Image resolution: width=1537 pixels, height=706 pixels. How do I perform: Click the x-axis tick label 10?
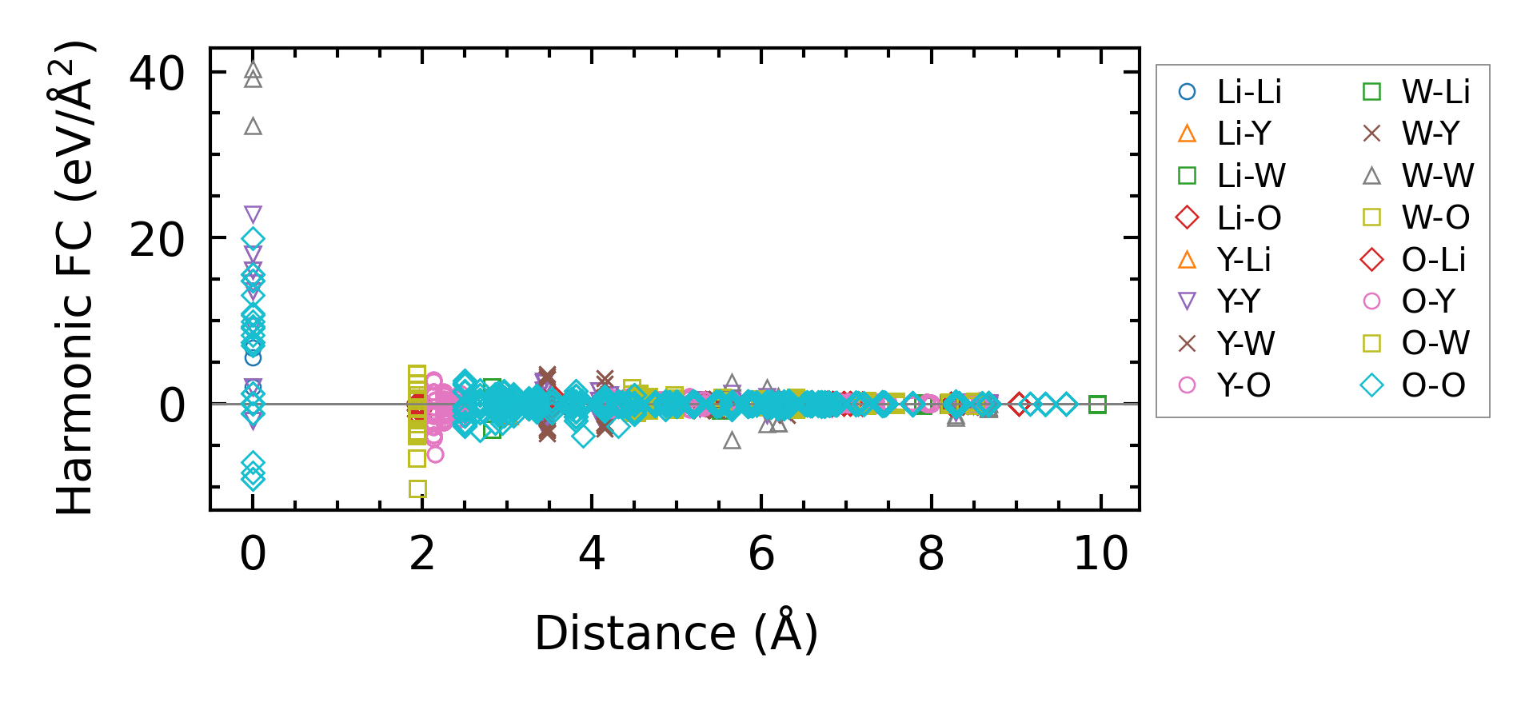pyautogui.click(x=1100, y=553)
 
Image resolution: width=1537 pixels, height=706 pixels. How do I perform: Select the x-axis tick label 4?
pyautogui.click(x=592, y=553)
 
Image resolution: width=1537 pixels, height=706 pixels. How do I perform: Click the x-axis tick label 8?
pyautogui.click(x=931, y=553)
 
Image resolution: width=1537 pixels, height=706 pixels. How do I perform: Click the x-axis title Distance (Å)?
pyautogui.click(x=676, y=633)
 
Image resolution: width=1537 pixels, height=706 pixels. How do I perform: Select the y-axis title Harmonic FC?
pyautogui.click(x=75, y=277)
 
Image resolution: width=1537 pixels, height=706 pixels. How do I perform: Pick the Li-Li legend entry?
pyautogui.click(x=1232, y=92)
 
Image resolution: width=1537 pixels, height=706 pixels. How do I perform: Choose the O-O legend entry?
pyautogui.click(x=1415, y=385)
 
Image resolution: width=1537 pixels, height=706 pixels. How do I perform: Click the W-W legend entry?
pyautogui.click(x=1419, y=176)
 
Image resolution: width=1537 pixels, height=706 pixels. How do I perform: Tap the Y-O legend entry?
pyautogui.click(x=1232, y=385)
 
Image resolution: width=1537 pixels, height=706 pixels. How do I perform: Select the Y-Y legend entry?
pyautogui.click(x=1224, y=301)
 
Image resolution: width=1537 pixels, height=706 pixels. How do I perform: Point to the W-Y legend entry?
pyautogui.click(x=1415, y=134)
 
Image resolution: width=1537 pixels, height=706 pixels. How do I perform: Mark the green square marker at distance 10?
pyautogui.click(x=1097, y=405)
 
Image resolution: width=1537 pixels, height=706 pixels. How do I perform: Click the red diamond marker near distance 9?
pyautogui.click(x=1018, y=405)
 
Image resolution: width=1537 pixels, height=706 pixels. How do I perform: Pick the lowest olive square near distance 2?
pyautogui.click(x=417, y=489)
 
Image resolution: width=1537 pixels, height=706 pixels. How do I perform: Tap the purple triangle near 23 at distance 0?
pyautogui.click(x=253, y=214)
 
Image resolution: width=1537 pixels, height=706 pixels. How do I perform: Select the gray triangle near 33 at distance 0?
pyautogui.click(x=253, y=126)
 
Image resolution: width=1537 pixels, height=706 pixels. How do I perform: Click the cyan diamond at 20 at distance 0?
pyautogui.click(x=253, y=238)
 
